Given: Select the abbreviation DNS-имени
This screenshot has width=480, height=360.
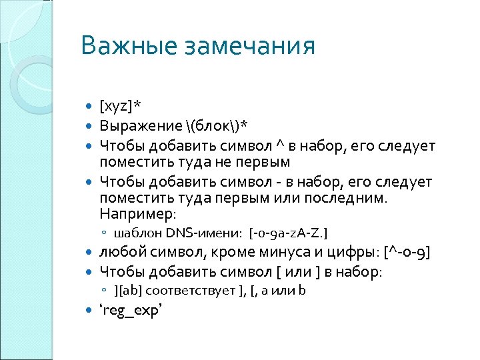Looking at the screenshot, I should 205,232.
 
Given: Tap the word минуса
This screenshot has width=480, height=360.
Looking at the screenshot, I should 283,253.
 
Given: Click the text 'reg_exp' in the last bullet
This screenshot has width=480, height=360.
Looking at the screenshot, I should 131,310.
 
